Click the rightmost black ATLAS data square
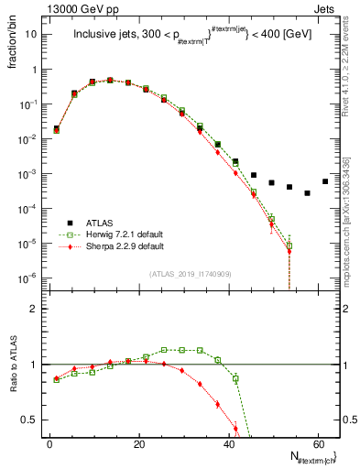[x=325, y=181]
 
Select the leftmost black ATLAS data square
[x=56, y=129]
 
